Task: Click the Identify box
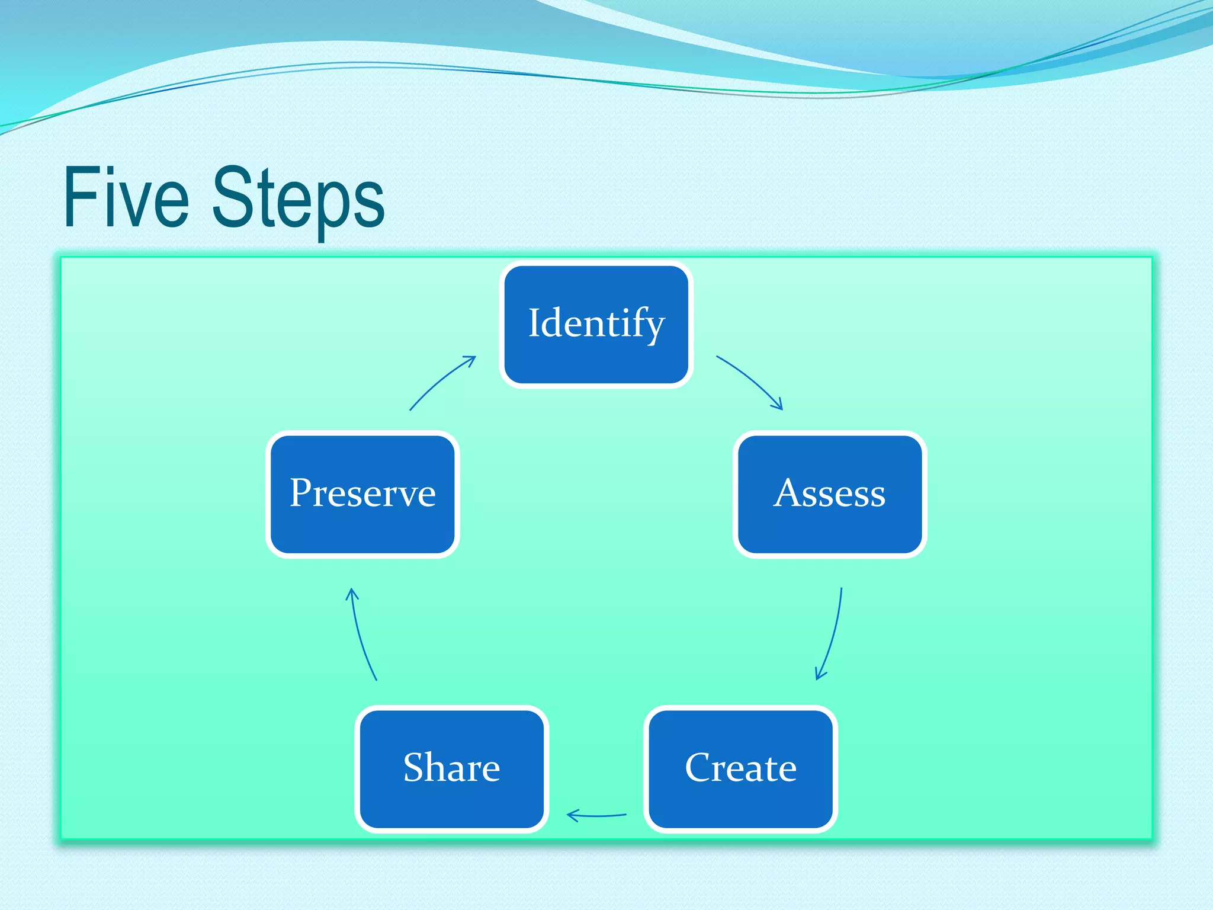tap(596, 324)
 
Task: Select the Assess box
tap(829, 494)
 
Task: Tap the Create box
tap(740, 768)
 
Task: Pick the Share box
tap(451, 768)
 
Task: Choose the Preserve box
tap(362, 494)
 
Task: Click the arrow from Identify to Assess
tap(751, 379)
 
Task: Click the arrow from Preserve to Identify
tap(441, 380)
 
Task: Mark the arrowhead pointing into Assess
tap(778, 405)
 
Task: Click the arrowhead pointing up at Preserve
tap(352, 592)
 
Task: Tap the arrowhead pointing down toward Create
tap(820, 674)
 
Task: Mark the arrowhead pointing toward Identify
tap(471, 359)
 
